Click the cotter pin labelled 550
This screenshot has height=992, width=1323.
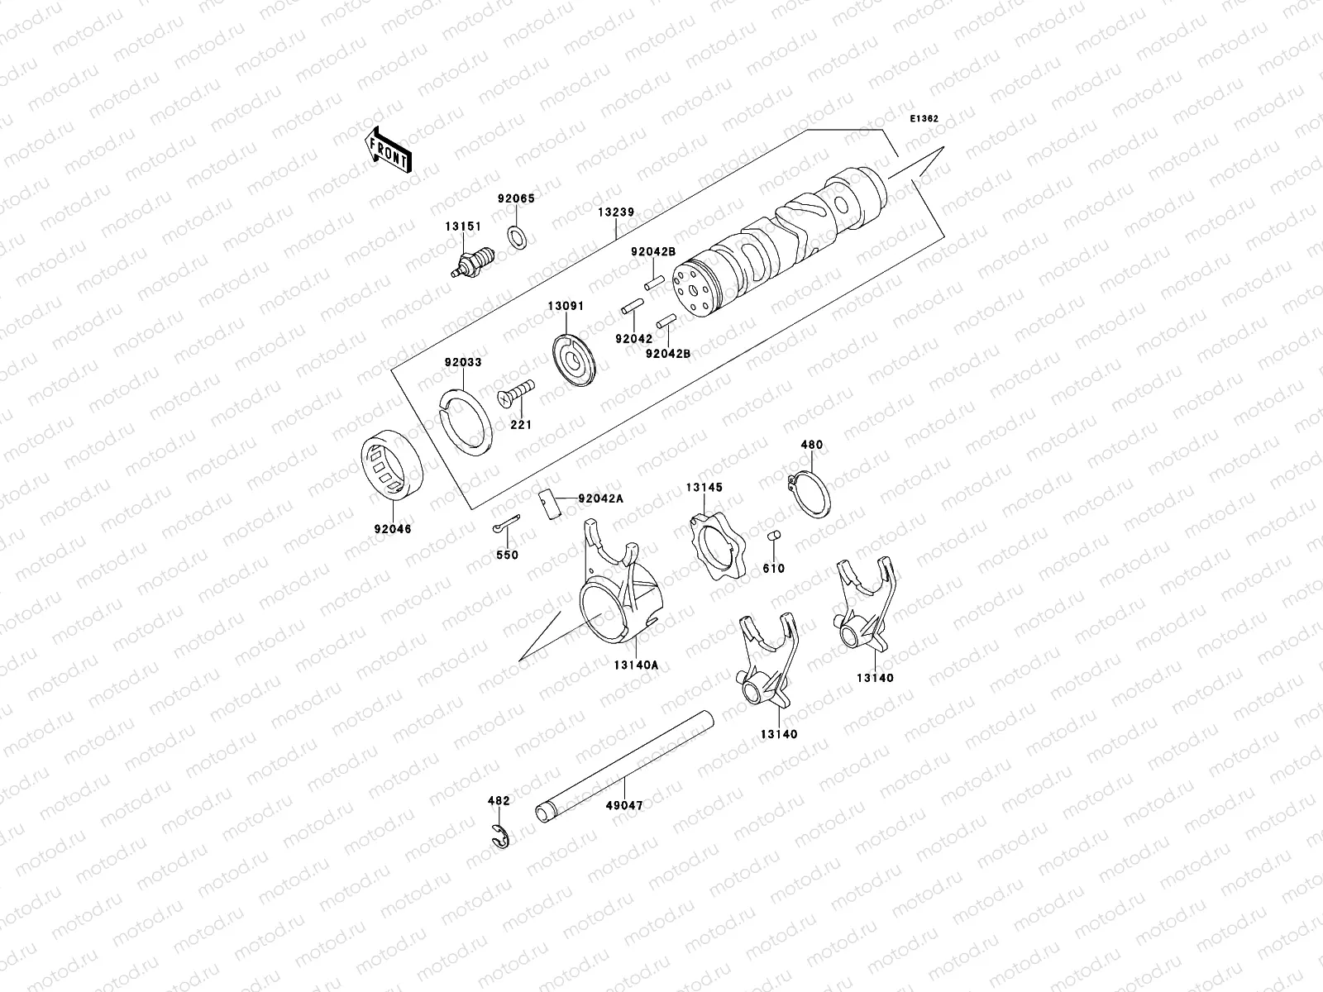(504, 525)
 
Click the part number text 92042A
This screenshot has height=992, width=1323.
(601, 498)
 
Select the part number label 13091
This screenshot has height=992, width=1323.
(566, 307)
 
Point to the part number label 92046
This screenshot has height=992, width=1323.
(392, 529)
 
